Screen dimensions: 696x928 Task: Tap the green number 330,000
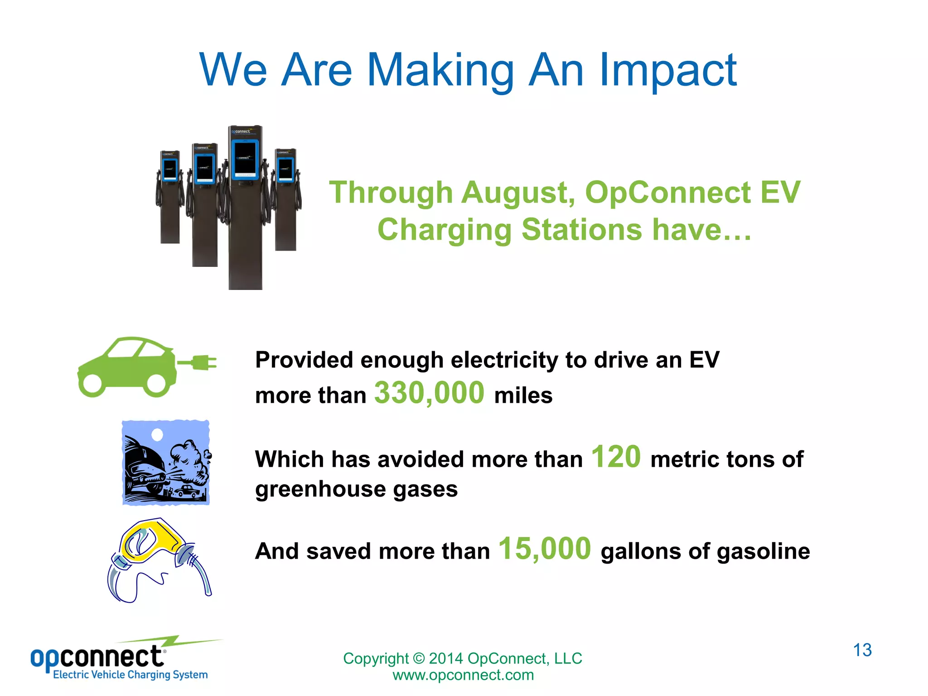(429, 392)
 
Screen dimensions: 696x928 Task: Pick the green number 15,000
(545, 549)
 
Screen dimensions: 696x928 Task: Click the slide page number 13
(862, 650)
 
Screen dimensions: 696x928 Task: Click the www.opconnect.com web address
(463, 675)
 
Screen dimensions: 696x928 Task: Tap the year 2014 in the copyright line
(445, 658)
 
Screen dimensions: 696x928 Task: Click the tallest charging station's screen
(245, 159)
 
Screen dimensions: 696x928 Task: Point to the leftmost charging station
(170, 197)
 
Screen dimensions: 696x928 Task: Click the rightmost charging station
(285, 199)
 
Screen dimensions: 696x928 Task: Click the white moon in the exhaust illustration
(157, 435)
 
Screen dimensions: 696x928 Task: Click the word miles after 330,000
(523, 395)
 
